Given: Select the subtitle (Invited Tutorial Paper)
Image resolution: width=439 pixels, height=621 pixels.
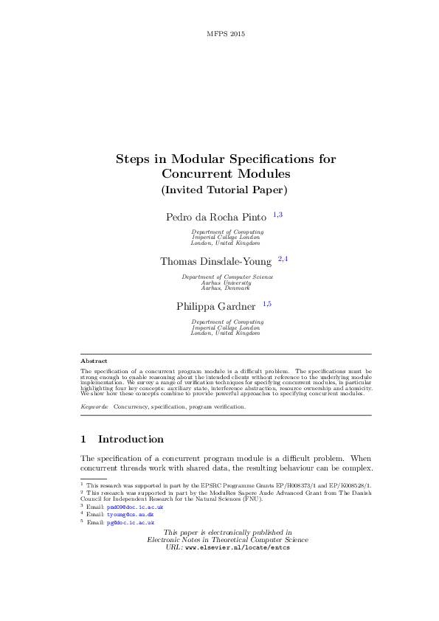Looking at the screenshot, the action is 224,190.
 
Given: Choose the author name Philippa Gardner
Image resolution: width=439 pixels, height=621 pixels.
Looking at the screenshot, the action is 216,306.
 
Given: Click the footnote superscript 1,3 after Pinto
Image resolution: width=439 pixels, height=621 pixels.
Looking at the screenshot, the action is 277,214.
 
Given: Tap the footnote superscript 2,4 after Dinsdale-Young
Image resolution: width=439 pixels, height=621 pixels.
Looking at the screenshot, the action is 283,259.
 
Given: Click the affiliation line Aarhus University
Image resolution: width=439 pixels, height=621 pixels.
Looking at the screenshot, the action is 227,282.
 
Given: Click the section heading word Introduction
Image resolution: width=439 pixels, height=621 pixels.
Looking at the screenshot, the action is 131,440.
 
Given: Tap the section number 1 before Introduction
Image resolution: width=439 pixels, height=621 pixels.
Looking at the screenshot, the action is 83,440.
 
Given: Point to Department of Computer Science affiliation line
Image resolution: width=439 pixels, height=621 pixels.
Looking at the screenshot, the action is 227,277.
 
